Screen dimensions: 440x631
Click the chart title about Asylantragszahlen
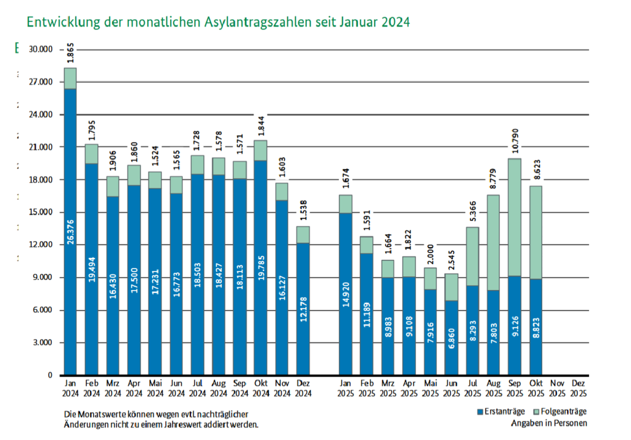[x=218, y=22]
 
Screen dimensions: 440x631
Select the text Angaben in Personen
[x=548, y=423]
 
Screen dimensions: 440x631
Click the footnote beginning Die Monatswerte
[x=161, y=418]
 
